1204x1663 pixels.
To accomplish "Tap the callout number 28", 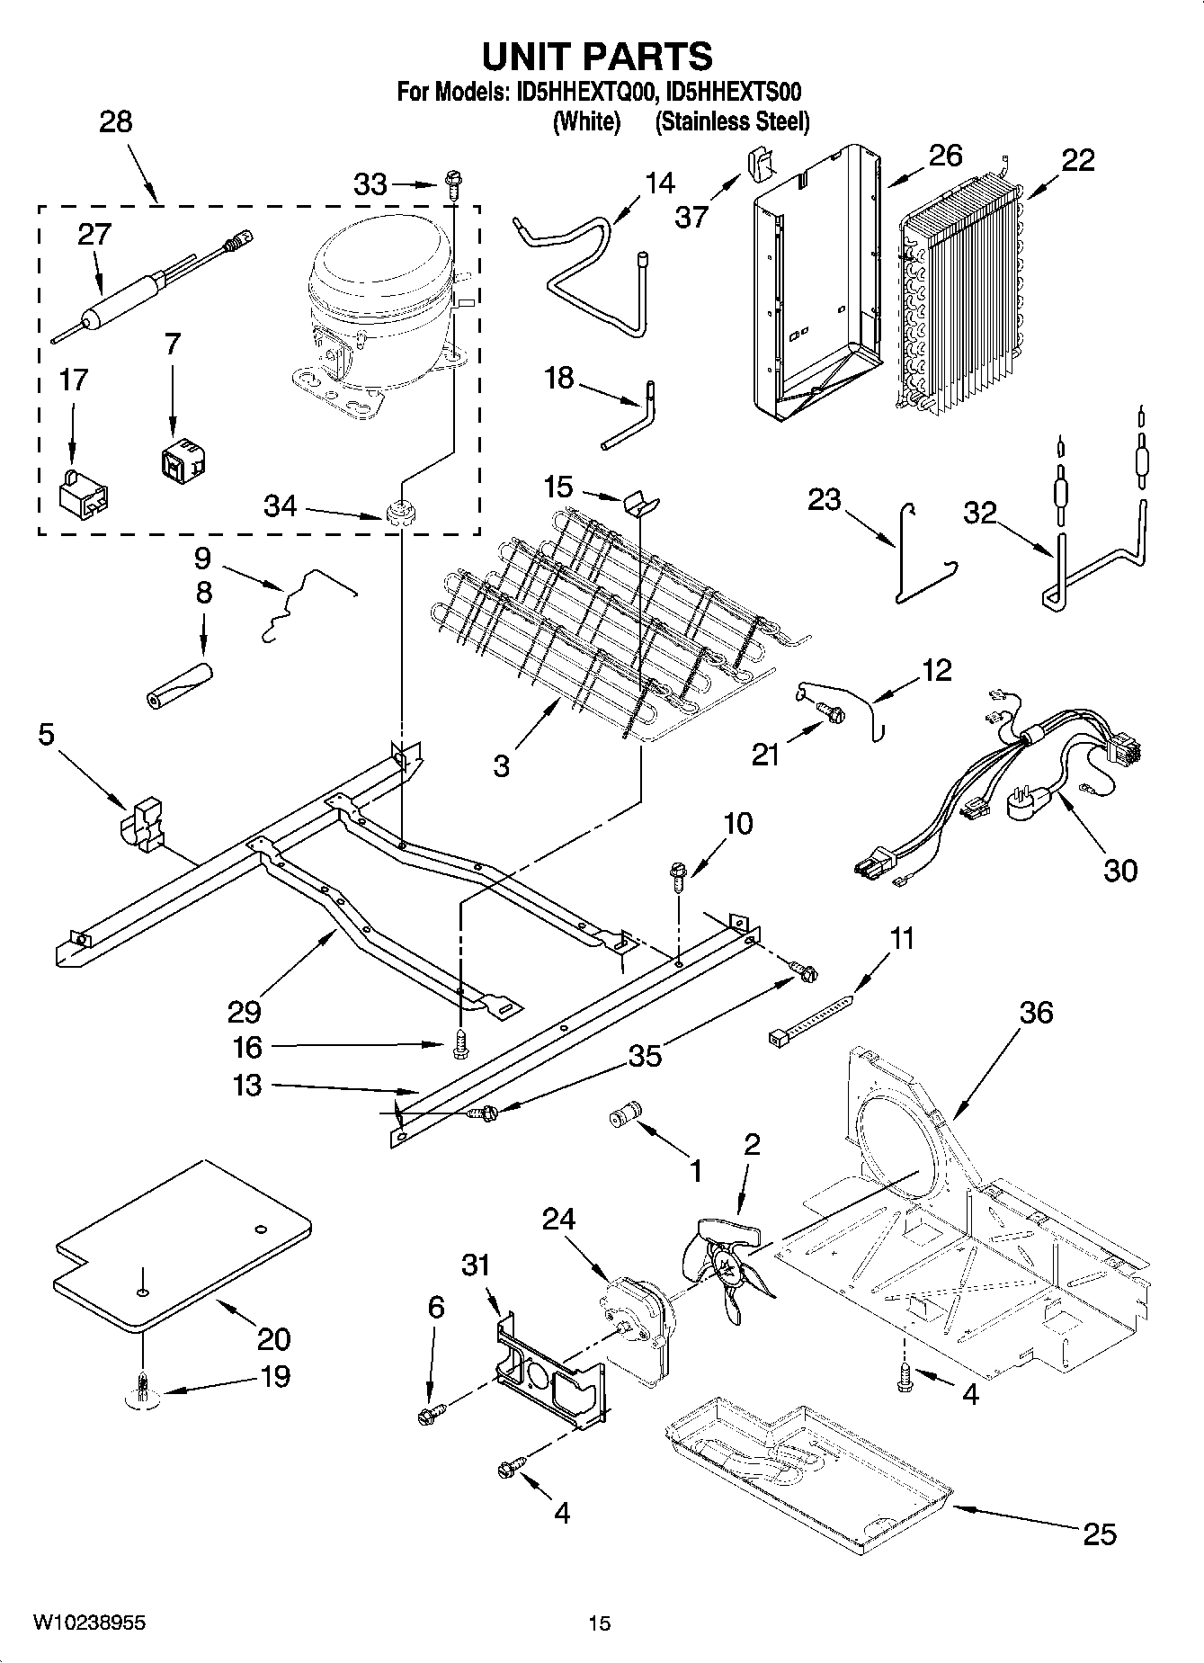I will (115, 121).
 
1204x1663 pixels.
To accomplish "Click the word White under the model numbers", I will (586, 121).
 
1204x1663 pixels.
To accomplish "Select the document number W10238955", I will (89, 1623).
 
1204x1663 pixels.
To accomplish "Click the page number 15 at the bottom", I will (599, 1623).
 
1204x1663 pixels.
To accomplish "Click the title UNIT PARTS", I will (598, 56).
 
